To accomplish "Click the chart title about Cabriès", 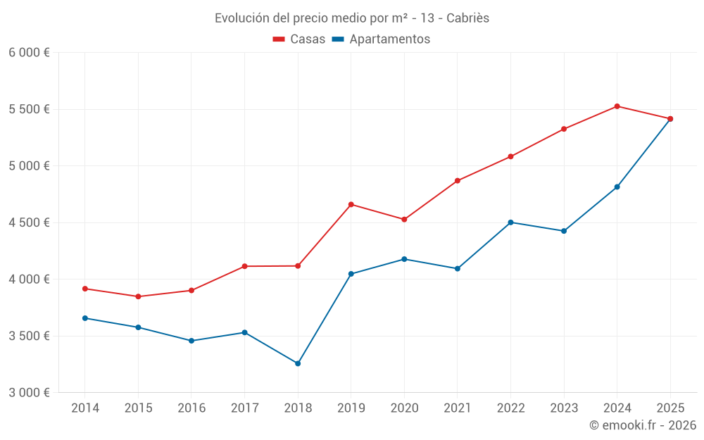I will click(x=352, y=18).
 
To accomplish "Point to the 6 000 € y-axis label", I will click(x=29, y=53).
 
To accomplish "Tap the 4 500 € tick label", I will click(x=29, y=222).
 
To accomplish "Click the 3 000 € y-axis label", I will click(x=29, y=392).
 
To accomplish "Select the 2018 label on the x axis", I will click(x=298, y=408).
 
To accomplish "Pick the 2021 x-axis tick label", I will click(x=458, y=408).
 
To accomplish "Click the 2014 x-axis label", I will click(x=85, y=408).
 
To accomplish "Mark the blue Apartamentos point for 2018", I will click(x=298, y=363).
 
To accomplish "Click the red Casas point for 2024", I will click(x=617, y=106).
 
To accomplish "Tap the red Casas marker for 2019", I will click(x=351, y=204).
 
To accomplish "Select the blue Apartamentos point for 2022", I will click(x=510, y=222).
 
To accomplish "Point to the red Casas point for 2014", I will click(x=85, y=289).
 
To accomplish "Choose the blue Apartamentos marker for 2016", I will click(x=191, y=341).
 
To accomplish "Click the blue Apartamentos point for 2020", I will click(x=404, y=259).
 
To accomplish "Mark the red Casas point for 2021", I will click(x=458, y=181).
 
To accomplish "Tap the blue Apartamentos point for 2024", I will click(x=617, y=187).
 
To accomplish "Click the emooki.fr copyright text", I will click(x=642, y=425).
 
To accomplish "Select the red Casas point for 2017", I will click(x=244, y=266).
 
